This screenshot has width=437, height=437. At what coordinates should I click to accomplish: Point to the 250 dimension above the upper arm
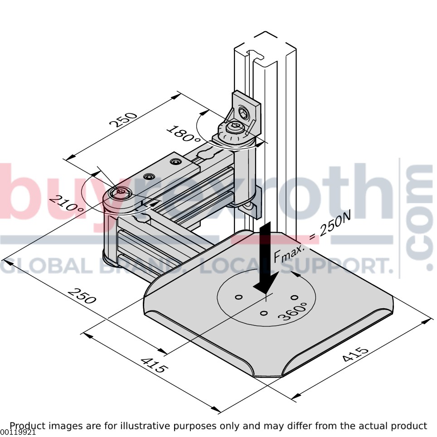[123, 120]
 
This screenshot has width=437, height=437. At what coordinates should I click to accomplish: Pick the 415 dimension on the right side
[355, 354]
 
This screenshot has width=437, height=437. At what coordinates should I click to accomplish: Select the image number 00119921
[18, 432]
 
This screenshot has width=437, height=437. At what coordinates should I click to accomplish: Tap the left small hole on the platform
[238, 297]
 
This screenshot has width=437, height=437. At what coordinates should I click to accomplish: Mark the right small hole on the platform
[295, 298]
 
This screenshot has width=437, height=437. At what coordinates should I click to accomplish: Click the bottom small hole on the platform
[264, 313]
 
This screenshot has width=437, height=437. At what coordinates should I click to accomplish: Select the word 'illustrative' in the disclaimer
[145, 426]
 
